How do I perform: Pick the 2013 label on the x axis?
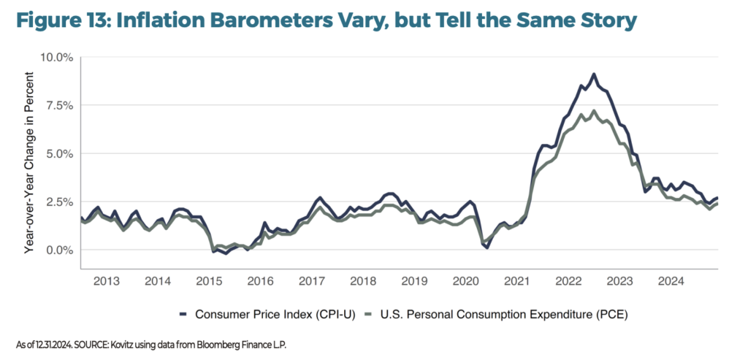click(x=107, y=280)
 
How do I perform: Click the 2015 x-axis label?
click(x=210, y=280)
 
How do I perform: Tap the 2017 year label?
click(x=312, y=280)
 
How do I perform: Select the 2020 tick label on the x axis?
click(x=465, y=280)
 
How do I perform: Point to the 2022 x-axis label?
click(x=568, y=280)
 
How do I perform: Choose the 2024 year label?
click(x=671, y=280)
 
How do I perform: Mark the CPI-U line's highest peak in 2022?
click(x=594, y=74)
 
